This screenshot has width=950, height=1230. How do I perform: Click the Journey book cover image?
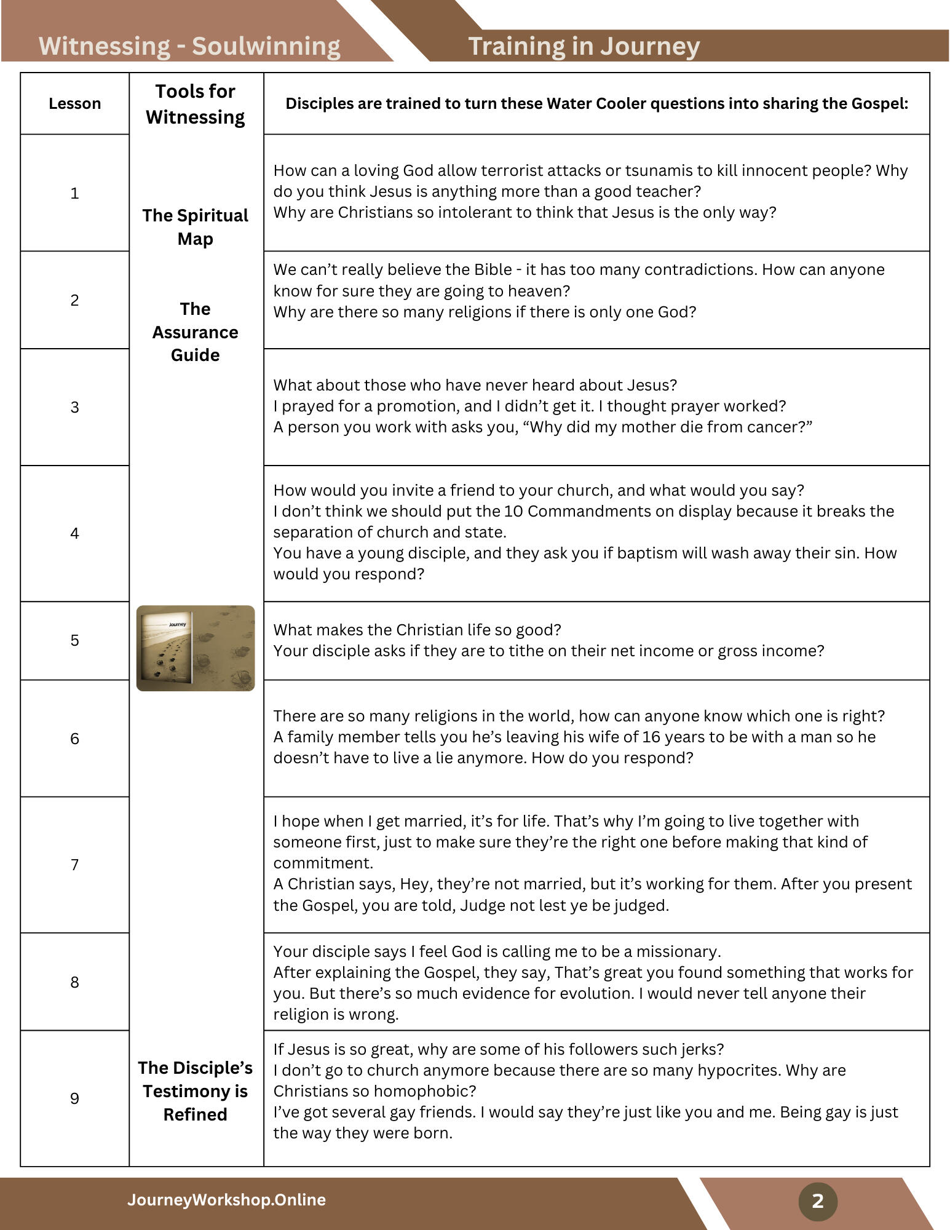(x=195, y=648)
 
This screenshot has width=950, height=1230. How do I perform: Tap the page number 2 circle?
(x=817, y=1200)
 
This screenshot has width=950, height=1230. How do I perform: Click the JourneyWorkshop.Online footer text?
(x=226, y=1199)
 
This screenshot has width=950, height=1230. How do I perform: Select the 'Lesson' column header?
(x=74, y=103)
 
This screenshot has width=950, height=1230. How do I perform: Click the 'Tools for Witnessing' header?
(x=195, y=104)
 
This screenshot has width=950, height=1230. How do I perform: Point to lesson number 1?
(x=74, y=194)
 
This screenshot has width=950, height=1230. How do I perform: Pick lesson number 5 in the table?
(x=74, y=640)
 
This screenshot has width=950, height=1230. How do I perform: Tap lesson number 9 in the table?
(x=74, y=1098)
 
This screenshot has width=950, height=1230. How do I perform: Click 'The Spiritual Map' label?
(x=195, y=227)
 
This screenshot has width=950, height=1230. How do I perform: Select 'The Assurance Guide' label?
(x=195, y=332)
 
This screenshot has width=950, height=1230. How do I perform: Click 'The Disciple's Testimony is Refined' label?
(x=195, y=1091)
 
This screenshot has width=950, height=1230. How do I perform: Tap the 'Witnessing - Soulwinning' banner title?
(x=189, y=46)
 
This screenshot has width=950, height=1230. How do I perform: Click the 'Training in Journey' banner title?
(x=584, y=46)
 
